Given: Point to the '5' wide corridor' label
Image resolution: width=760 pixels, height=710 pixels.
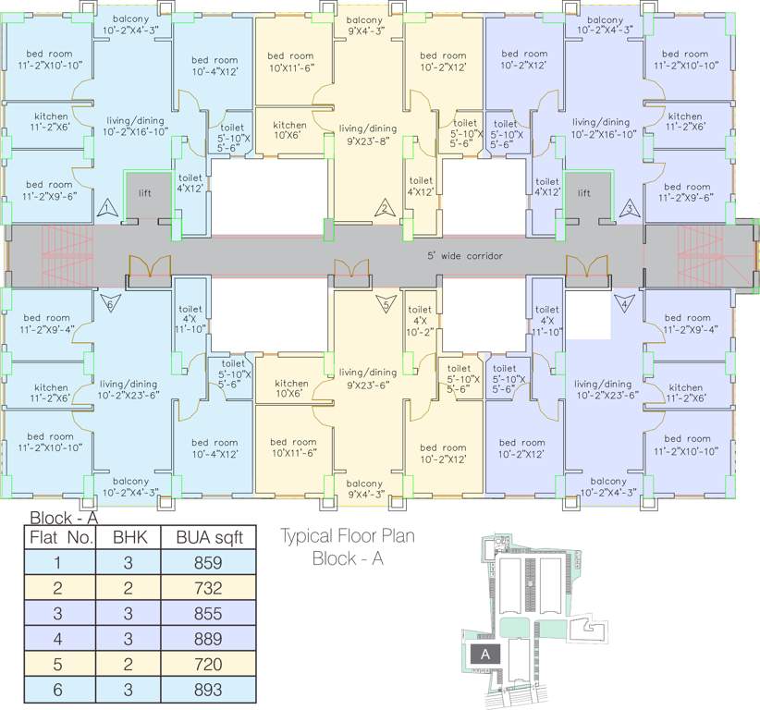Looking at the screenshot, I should (464, 255).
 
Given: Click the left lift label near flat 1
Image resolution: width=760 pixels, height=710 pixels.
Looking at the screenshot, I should (144, 193).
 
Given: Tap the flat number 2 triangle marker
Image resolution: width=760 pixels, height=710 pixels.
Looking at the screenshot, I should (382, 208).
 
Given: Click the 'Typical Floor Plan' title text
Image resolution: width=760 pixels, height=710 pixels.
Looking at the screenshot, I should (348, 535).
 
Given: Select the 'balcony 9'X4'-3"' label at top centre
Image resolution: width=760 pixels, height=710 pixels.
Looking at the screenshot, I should (364, 25).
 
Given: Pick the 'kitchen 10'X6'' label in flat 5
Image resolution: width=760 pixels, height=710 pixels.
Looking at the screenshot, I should (291, 388).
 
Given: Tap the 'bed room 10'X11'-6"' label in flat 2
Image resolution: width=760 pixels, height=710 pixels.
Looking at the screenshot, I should (291, 62).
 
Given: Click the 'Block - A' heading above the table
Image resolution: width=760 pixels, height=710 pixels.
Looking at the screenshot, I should (64, 519).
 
